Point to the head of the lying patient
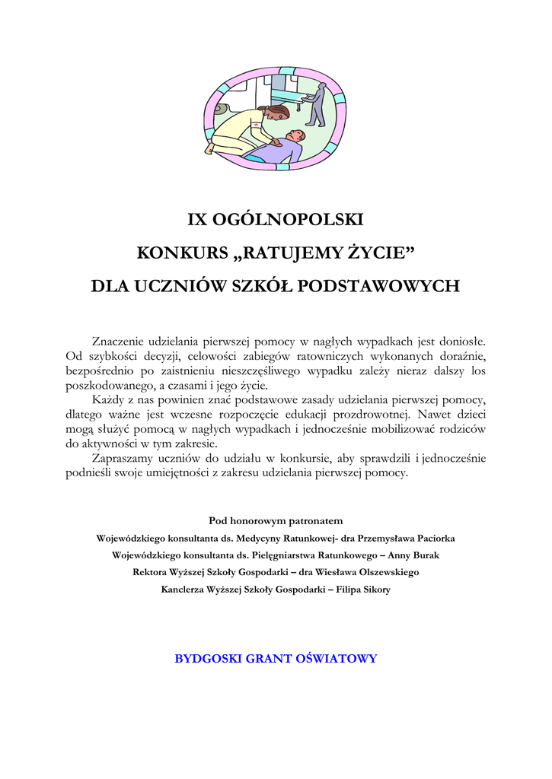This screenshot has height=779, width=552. coord(295,136)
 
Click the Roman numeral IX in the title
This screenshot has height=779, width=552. coord(196,220)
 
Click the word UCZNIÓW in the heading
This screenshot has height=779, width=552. coord(174,286)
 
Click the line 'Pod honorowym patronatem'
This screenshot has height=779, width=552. coord(276,521)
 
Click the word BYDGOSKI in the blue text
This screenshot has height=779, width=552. coord(208,659)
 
